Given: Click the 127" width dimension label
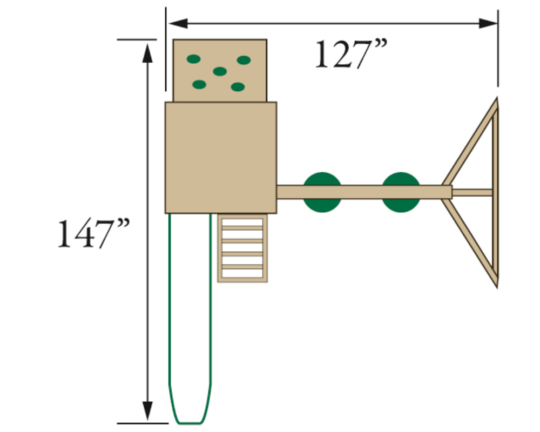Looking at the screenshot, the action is pos(351,54).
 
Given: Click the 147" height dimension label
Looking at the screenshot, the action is pos(93,233).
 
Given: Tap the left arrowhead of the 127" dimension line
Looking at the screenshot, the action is pos(178,23).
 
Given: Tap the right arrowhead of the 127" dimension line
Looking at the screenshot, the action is pos(488,23).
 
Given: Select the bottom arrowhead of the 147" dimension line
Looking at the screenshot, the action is pos(148,410).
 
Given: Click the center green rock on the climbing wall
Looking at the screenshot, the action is pos(220,71).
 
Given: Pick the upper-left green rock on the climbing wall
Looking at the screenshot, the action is pos(193,59).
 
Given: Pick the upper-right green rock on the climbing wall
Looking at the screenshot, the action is pos(244,60).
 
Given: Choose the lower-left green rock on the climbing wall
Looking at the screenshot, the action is pos(199,84).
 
